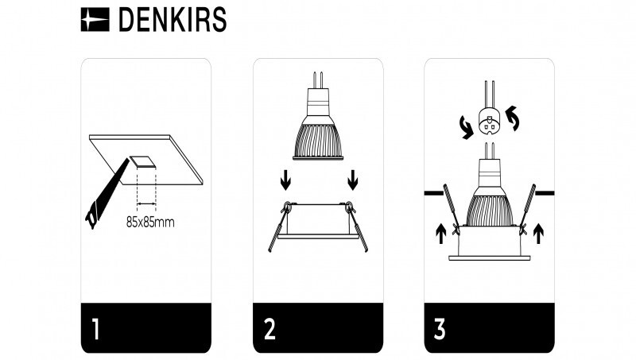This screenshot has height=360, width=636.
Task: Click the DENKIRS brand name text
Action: [x=172, y=21]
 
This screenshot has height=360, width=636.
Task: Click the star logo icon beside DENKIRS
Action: [x=95, y=21]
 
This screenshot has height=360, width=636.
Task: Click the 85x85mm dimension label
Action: [x=150, y=222]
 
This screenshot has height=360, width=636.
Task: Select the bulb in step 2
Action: [x=318, y=127]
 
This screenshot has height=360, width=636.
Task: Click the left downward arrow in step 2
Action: [x=284, y=181]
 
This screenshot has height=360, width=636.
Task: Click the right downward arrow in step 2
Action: [x=353, y=181]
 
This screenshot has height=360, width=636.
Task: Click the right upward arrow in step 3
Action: [x=538, y=234]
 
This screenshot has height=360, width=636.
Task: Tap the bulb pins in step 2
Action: [x=318, y=79]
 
